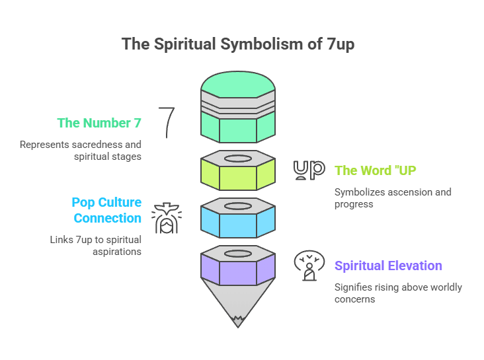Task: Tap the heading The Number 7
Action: tap(99, 123)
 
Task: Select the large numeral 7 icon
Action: tap(167, 122)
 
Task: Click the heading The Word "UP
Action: tap(374, 170)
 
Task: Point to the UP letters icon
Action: tap(309, 170)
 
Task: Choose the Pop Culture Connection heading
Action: tap(106, 210)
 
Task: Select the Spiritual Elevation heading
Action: tap(388, 266)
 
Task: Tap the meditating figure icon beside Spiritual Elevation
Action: tap(309, 266)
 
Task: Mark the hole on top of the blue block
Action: tap(238, 205)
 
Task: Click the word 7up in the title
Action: tap(343, 44)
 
